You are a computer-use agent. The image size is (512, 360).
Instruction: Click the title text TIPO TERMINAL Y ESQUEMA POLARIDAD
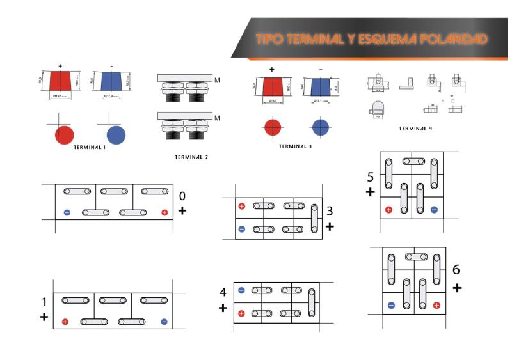pos(371,39)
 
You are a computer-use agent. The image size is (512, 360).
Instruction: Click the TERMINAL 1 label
pos(90,147)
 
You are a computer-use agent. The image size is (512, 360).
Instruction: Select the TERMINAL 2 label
pos(191,157)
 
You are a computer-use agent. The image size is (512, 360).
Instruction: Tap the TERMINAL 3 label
pos(295,146)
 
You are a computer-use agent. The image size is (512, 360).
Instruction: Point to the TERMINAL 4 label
pos(415,129)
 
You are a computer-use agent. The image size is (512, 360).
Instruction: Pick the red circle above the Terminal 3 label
pos(272,127)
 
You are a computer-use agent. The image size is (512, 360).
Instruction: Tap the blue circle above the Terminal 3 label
pos(321,127)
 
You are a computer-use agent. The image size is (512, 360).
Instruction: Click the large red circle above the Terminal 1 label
pos(65,134)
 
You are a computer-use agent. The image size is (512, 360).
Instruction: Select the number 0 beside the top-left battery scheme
pos(182,196)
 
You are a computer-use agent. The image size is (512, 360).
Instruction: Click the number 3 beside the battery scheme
pos(330,212)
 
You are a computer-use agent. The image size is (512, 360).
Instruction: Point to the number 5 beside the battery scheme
pos(371,176)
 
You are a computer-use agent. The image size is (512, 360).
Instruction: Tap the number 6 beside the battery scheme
pos(456,270)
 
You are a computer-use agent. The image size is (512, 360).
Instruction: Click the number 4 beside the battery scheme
pos(223,292)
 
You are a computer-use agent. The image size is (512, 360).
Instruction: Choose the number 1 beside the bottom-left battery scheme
pos(44,302)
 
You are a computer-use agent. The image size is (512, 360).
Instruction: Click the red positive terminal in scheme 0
pos(164,212)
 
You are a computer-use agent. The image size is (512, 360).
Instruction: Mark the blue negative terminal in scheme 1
pos(164,322)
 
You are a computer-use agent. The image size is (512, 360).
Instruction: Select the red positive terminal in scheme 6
pos(436,305)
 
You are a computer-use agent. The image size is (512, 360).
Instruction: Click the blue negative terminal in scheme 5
pos(434,209)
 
